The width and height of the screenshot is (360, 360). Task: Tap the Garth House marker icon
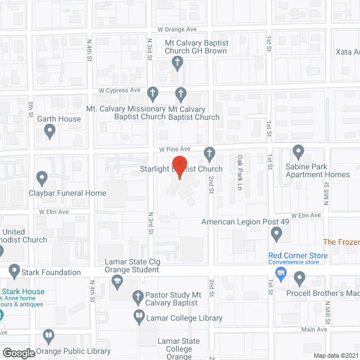49,132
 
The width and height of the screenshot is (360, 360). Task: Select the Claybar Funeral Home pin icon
41,179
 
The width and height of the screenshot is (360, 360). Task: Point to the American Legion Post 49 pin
276,233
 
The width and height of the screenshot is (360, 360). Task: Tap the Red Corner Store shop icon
280,274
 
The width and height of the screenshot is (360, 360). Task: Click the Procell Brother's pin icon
299,277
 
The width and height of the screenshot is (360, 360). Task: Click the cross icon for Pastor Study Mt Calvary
137,296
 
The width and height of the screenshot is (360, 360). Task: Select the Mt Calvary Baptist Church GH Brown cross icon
177,62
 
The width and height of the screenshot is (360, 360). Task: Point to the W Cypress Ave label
119,90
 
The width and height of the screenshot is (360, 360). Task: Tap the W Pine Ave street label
175,149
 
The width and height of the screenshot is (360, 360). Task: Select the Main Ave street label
313,329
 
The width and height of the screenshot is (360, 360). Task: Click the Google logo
18,353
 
